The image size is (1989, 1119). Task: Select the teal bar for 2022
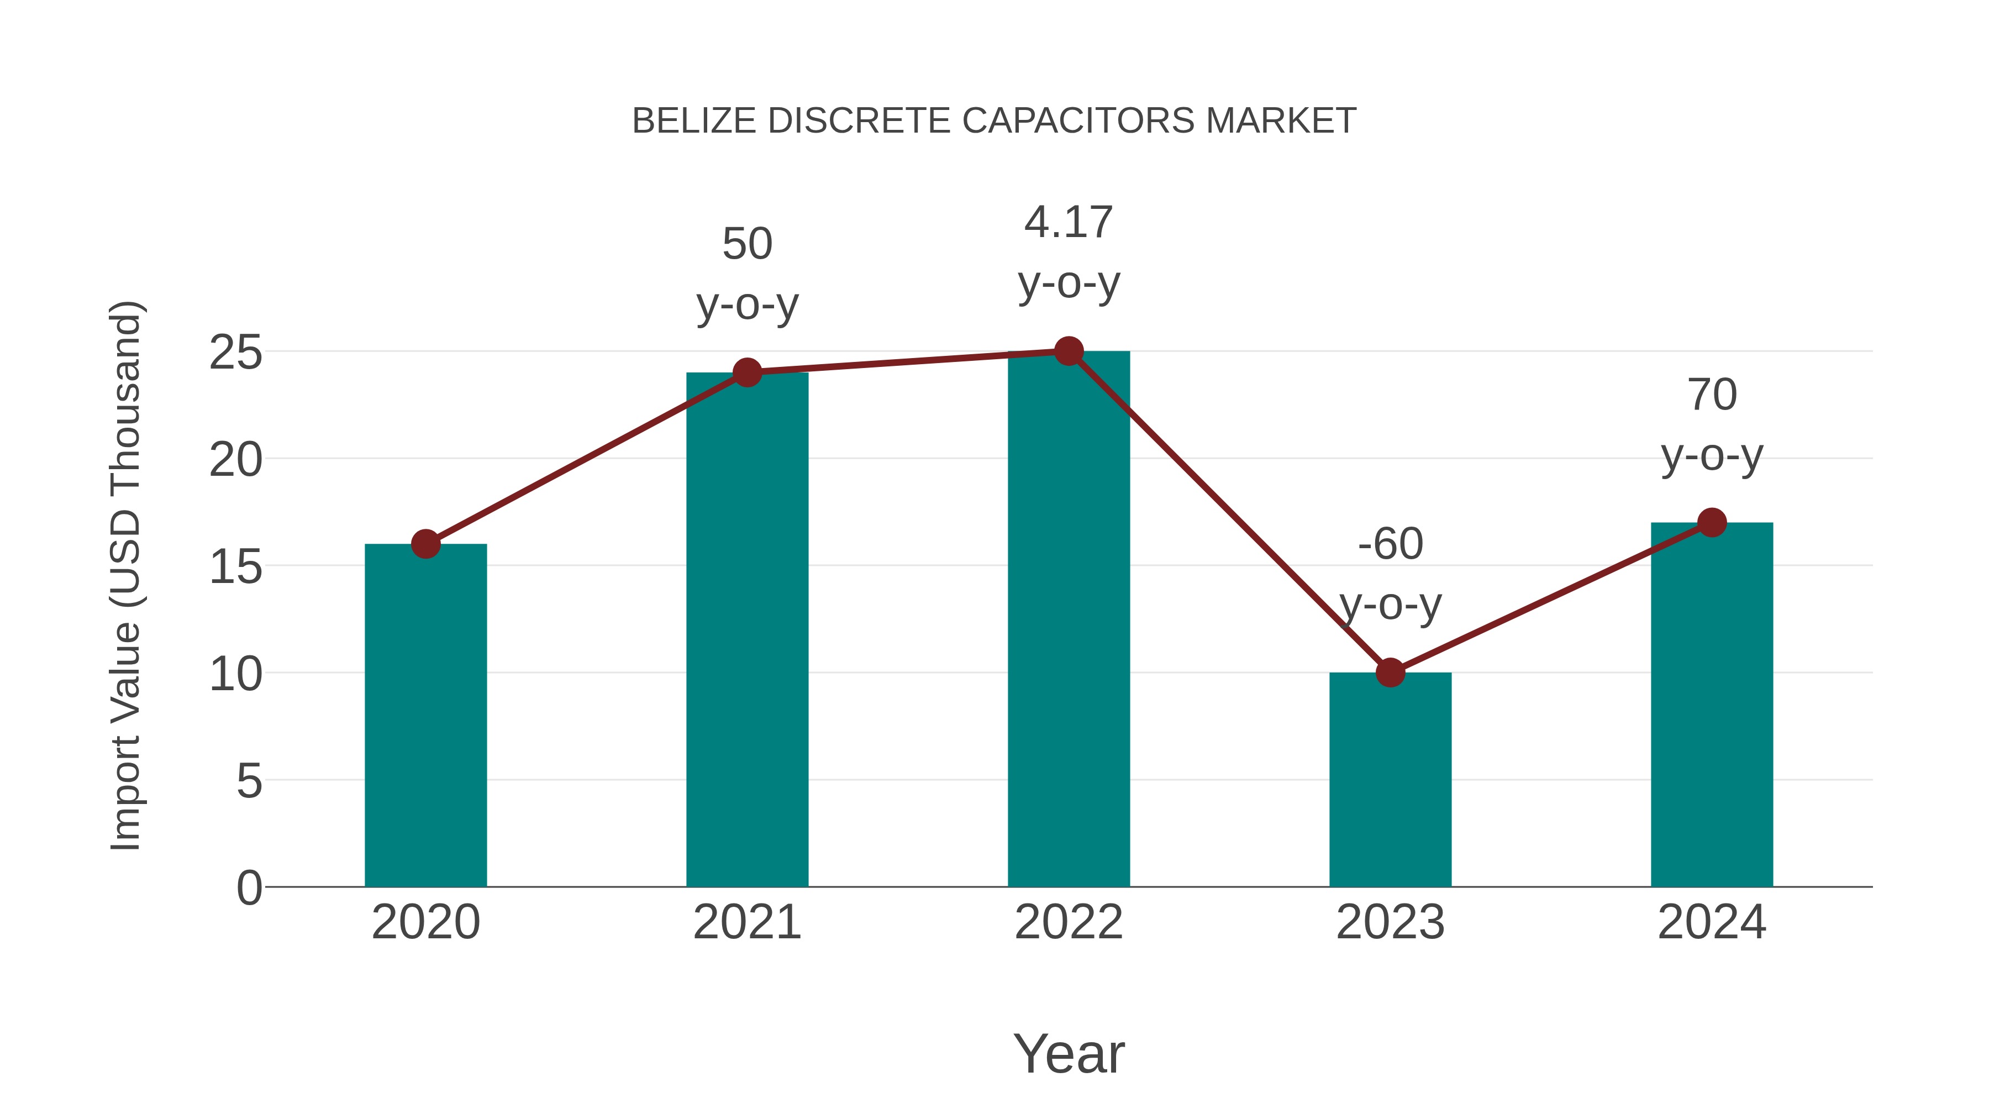tap(1069, 618)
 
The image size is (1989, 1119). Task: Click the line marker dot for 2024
tap(1712, 523)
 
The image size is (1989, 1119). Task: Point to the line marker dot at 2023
tap(1390, 673)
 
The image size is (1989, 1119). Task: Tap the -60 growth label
tap(1390, 573)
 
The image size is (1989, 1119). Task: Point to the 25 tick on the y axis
tap(235, 353)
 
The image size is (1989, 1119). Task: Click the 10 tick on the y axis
tap(235, 674)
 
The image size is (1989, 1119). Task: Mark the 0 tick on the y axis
tap(249, 887)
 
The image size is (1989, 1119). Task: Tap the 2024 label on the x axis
tap(1712, 922)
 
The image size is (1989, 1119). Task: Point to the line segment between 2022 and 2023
tap(1229, 512)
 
